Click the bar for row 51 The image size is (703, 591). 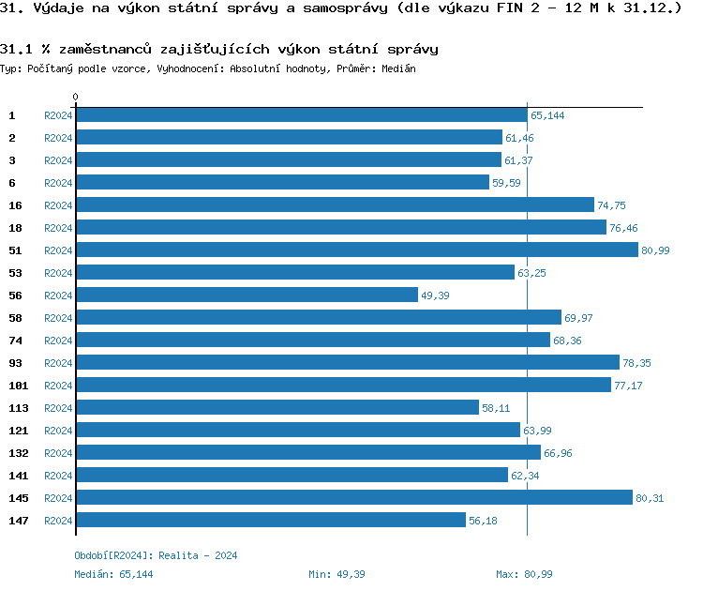357,250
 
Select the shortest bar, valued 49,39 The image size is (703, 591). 247,295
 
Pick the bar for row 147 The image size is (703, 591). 271,520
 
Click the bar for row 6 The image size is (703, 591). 282,182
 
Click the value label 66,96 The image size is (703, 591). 558,453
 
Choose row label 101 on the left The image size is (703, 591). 19,385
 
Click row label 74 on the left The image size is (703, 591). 15,340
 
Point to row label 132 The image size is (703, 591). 19,452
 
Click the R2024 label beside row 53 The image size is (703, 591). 58,273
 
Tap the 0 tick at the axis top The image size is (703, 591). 75,97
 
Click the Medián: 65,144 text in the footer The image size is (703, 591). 113,573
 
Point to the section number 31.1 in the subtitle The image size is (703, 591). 16,49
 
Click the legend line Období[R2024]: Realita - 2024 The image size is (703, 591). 156,555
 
